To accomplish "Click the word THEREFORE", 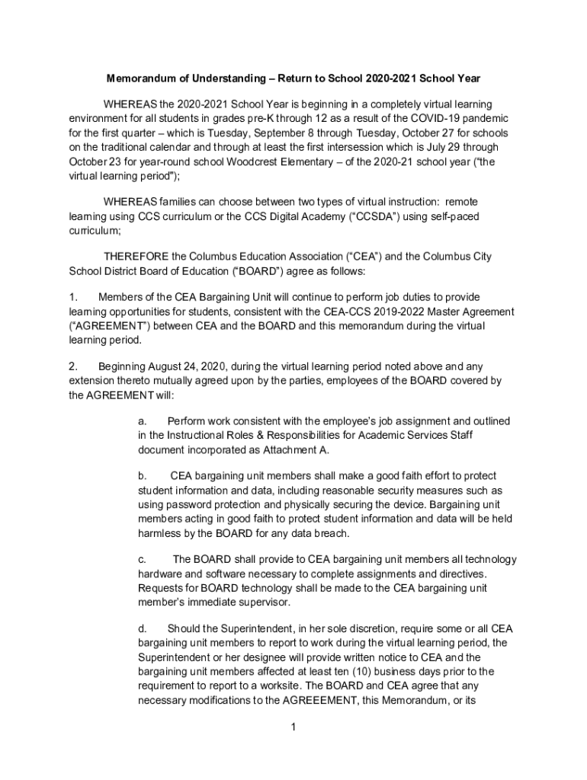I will [x=137, y=256].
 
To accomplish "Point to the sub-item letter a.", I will [x=142, y=421].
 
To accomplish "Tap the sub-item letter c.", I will [x=142, y=560].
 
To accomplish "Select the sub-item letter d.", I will [x=142, y=628].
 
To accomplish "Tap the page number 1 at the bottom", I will [x=293, y=727].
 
